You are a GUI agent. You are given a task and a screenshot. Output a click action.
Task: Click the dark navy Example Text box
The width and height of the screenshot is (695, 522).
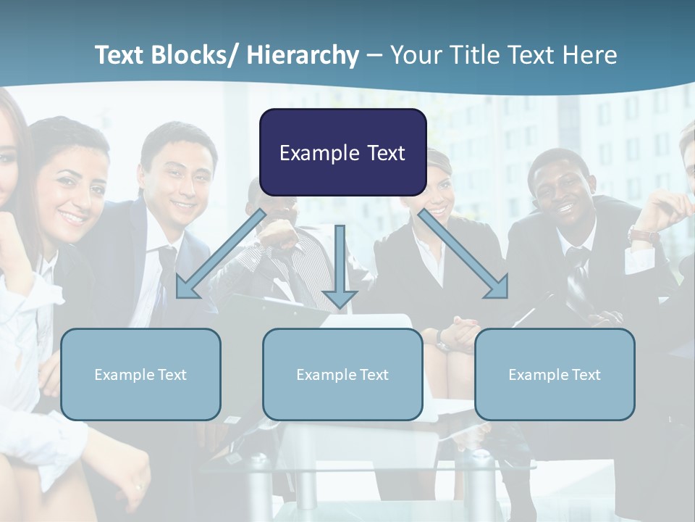coord(342,152)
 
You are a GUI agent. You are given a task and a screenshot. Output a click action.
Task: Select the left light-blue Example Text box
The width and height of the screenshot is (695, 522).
coord(140,374)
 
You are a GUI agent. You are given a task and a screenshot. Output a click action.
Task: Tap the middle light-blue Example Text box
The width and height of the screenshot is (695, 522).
coord(342,374)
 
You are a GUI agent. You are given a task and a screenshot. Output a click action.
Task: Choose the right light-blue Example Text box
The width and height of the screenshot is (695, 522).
coord(555,374)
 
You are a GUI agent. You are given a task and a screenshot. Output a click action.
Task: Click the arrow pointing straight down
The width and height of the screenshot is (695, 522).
coord(340,268)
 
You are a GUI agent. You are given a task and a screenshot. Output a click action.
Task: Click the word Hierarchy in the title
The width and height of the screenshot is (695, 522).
coord(303,55)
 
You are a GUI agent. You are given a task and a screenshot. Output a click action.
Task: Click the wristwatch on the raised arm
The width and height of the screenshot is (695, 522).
coord(643,235)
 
